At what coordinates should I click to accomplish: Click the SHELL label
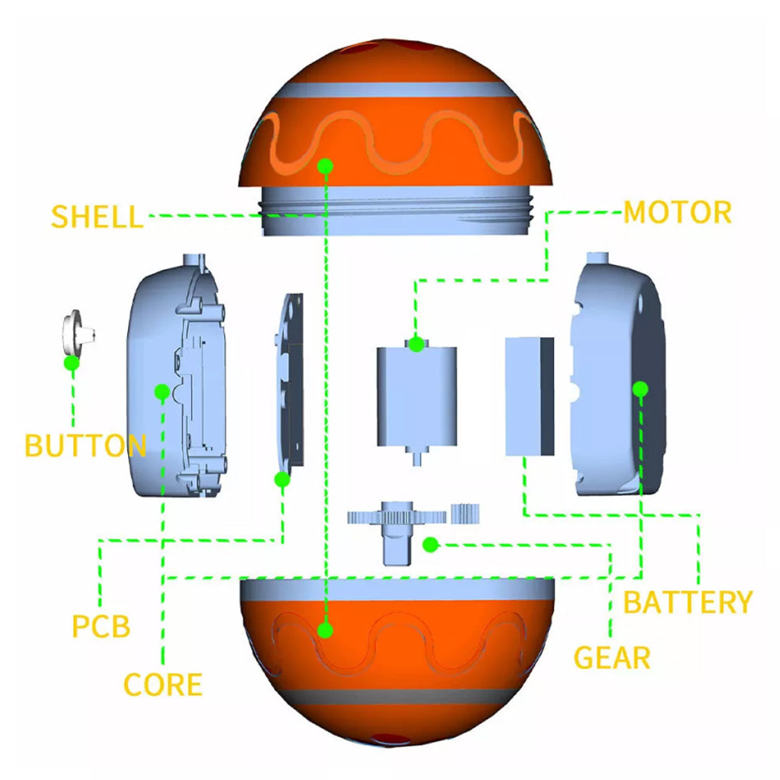pos(97,215)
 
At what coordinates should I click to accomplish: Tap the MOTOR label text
pos(677,212)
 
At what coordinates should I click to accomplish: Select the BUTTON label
pos(85,445)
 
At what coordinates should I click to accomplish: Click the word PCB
pos(101,626)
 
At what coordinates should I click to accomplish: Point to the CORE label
pos(162,684)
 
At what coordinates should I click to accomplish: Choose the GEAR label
pos(612,658)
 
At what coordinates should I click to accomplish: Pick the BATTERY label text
pos(687,602)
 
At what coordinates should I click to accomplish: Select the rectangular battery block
pos(529,396)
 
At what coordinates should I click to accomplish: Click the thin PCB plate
pos(289,382)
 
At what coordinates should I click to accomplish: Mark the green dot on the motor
pos(417,342)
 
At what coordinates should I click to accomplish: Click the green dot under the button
pos(72,363)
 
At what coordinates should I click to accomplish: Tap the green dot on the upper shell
pos(325,165)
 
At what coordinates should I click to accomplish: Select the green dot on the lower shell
pos(325,629)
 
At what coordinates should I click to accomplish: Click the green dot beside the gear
pos(428,544)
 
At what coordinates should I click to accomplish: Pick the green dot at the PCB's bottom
pos(282,479)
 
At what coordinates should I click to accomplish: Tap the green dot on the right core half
pos(640,388)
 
